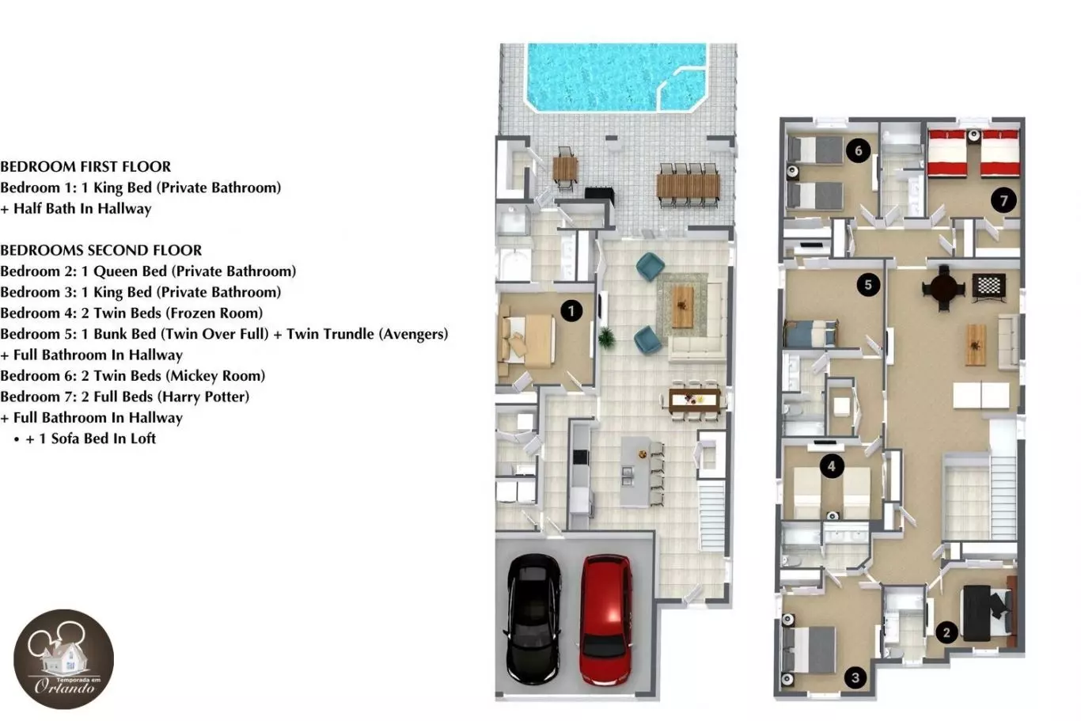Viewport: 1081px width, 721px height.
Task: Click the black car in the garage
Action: click(x=533, y=619)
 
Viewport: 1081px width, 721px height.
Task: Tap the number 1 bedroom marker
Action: click(x=571, y=311)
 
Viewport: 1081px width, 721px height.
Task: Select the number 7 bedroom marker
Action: click(x=1003, y=200)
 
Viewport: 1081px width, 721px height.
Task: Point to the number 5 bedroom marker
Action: click(x=867, y=285)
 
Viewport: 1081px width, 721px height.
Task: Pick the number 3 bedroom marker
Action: click(x=855, y=677)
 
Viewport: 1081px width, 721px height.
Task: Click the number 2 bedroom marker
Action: click(x=946, y=632)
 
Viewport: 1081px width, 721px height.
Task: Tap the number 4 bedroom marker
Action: click(x=832, y=466)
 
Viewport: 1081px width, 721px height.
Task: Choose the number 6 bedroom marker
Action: click(x=858, y=150)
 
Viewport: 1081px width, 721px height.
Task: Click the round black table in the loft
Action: click(x=943, y=288)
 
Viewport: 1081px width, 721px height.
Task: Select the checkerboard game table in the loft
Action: click(x=989, y=287)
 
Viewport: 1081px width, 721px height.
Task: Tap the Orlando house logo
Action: click(x=63, y=659)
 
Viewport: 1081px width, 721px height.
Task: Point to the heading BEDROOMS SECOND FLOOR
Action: click(x=101, y=250)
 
